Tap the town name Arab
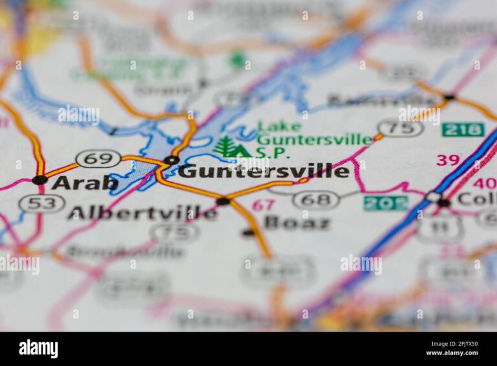pyautogui.click(x=84, y=183)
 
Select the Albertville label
pyautogui.click(x=142, y=213)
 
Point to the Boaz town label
pyautogui.click(x=297, y=223)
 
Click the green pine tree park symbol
pyautogui.click(x=226, y=147)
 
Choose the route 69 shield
pyautogui.click(x=98, y=159)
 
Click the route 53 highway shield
pyautogui.click(x=42, y=203)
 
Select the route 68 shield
pyautogui.click(x=316, y=200)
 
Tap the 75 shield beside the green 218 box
pyautogui.click(x=400, y=128)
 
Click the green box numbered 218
pyautogui.click(x=463, y=129)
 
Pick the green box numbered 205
pyautogui.click(x=385, y=203)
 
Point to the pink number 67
pyautogui.click(x=263, y=205)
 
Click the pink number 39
pyautogui.click(x=448, y=160)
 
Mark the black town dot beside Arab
pyautogui.click(x=39, y=179)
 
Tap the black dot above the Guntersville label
pyautogui.click(x=171, y=160)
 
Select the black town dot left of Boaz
pyautogui.click(x=248, y=232)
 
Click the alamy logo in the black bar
pyautogui.click(x=38, y=349)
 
